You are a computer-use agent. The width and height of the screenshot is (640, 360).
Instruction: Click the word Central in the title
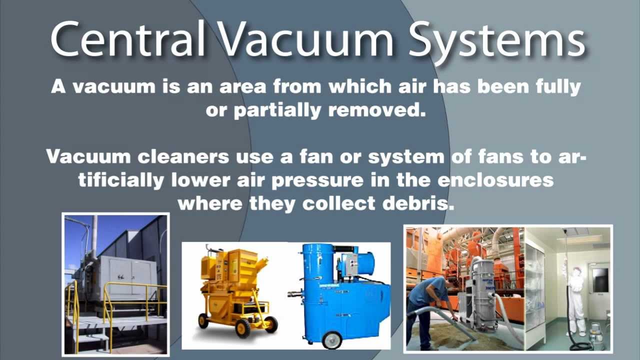(128, 38)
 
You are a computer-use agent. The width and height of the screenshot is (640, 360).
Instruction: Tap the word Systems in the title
(497, 38)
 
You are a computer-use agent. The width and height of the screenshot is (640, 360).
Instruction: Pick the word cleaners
(177, 156)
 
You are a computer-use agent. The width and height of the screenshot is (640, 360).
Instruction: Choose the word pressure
(316, 180)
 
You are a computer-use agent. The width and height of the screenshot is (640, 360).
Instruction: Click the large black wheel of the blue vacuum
(331, 338)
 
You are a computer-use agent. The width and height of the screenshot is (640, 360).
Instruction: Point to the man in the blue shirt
(427, 305)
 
